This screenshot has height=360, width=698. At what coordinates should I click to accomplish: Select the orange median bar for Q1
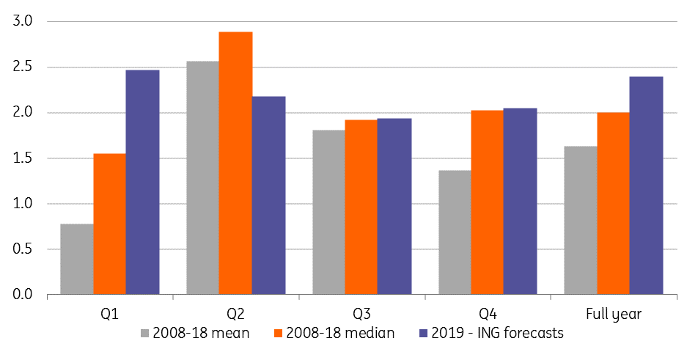(109, 224)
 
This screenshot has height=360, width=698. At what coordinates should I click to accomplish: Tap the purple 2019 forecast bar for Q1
(142, 183)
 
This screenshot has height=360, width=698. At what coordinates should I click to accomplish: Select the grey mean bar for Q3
(328, 213)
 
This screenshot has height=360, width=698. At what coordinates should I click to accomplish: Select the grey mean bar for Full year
(581, 221)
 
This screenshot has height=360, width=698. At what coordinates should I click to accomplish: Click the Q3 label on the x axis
(361, 314)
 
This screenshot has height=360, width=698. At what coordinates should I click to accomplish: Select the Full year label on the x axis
(614, 314)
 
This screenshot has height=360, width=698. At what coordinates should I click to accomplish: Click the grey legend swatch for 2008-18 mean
(145, 334)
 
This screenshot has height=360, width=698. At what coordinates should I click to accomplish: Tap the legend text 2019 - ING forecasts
(504, 334)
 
